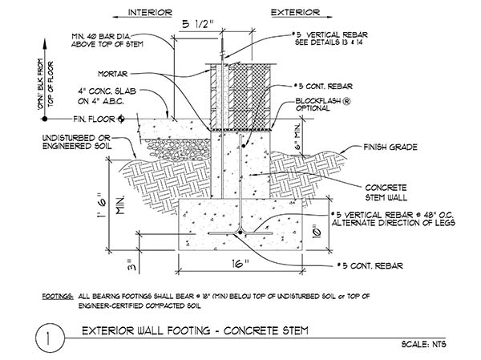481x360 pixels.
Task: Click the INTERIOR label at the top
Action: [x=150, y=13]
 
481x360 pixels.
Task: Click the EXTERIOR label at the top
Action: [x=295, y=13]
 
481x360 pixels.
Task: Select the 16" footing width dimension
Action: [x=240, y=264]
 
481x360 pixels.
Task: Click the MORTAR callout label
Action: [x=112, y=74]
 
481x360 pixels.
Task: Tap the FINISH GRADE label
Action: [x=390, y=148]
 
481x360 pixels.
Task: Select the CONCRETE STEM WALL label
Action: [x=386, y=192]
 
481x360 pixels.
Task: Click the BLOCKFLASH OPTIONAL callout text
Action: [x=322, y=105]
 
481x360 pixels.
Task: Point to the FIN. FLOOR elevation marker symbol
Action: [x=122, y=119]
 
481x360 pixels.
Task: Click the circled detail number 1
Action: [x=50, y=338]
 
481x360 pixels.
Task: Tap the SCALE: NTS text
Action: [x=423, y=344]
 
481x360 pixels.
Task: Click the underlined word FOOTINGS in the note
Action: [x=58, y=297]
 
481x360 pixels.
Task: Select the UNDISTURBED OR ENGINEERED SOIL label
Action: [x=77, y=142]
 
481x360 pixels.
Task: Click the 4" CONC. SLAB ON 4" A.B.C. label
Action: [x=107, y=96]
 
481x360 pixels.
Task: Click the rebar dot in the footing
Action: [x=240, y=233]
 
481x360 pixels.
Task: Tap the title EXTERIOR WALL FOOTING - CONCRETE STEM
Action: [x=195, y=331]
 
